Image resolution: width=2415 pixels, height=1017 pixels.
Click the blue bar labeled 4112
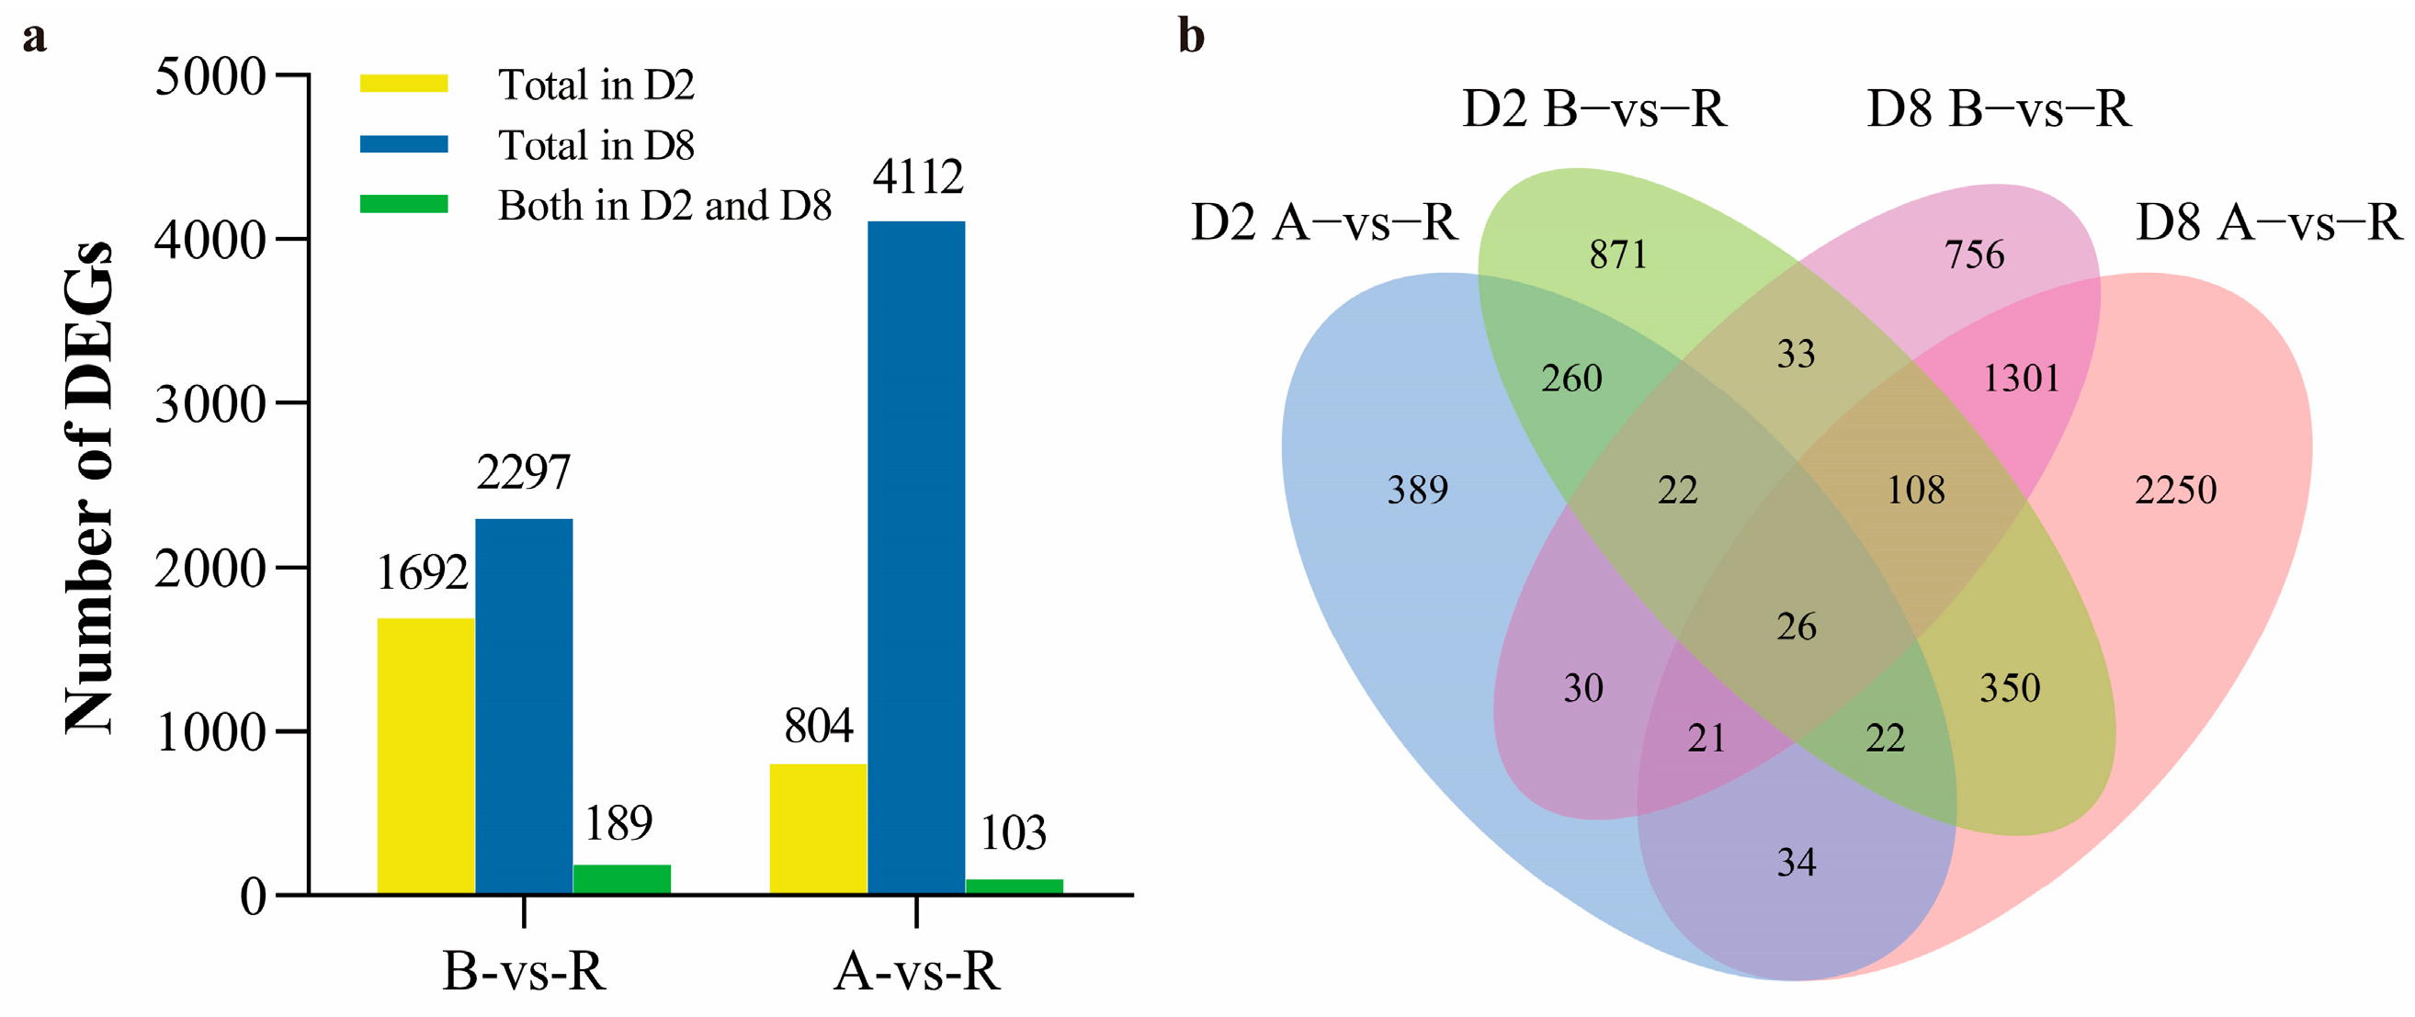click(x=916, y=557)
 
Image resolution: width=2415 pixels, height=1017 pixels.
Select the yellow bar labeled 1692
click(x=425, y=755)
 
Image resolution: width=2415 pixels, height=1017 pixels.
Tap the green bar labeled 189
click(x=621, y=879)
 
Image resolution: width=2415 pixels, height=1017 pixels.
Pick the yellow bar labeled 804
click(x=819, y=829)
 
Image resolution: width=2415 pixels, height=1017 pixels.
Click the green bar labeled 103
click(x=1015, y=887)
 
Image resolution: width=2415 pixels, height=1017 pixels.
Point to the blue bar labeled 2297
click(x=524, y=706)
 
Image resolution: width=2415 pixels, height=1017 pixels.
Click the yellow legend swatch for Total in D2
click(x=404, y=84)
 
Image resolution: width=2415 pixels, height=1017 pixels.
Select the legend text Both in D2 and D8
click(x=664, y=205)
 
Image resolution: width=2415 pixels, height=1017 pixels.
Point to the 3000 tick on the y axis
click(x=210, y=404)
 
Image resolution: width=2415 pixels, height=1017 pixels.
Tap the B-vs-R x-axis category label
click(x=524, y=971)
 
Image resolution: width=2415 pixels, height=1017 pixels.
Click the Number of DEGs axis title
click(x=89, y=488)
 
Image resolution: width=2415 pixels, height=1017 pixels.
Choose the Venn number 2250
click(x=2176, y=491)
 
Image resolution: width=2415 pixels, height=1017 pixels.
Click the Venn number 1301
click(x=2022, y=379)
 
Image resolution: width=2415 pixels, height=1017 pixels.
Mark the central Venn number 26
click(x=1797, y=627)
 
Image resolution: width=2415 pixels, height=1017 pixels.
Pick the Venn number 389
click(x=1418, y=491)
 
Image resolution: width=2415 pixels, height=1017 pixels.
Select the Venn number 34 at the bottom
click(x=1797, y=863)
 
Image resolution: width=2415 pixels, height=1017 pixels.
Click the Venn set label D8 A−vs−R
click(x=2269, y=223)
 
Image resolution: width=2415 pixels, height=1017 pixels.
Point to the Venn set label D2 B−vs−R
click(x=1593, y=109)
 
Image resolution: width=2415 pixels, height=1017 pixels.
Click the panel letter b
click(x=1191, y=38)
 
